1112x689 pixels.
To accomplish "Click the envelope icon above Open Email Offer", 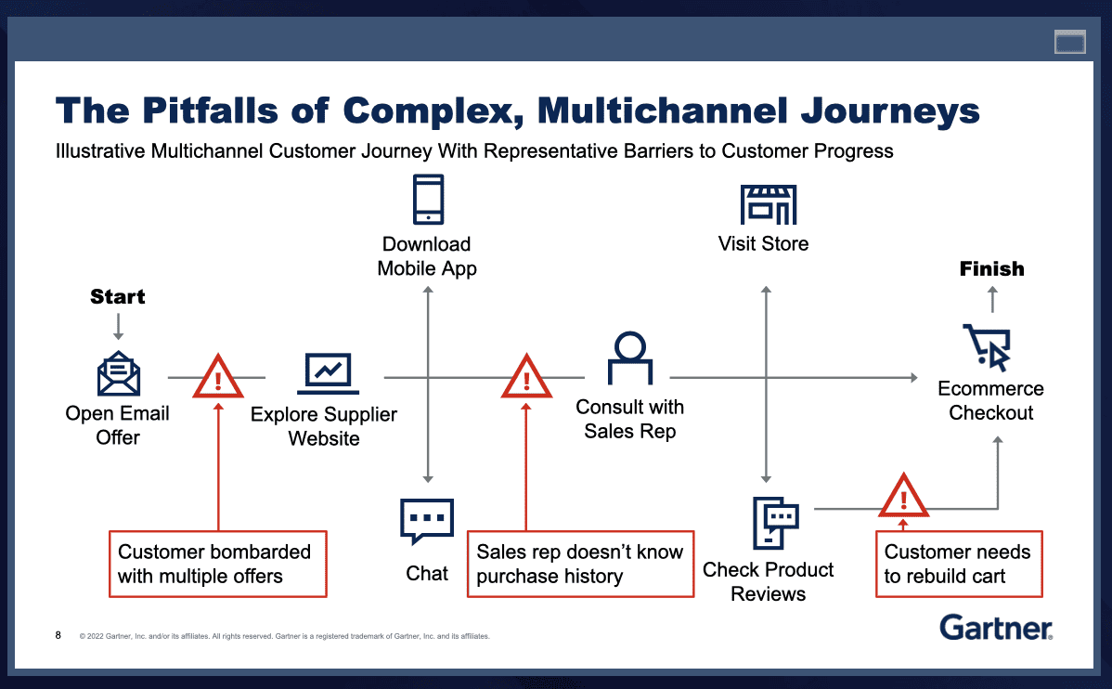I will [x=119, y=374].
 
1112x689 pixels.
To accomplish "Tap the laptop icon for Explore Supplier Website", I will [x=328, y=374].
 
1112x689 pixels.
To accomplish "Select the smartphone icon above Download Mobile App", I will [x=428, y=200].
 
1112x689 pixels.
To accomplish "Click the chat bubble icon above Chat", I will [x=427, y=521].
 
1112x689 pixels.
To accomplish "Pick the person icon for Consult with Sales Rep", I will [x=629, y=358].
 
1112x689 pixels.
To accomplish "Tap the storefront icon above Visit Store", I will [x=768, y=204].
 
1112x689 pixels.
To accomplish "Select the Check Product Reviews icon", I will [x=773, y=523].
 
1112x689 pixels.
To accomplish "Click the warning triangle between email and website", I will [x=217, y=376].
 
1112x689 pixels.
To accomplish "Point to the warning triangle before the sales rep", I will [x=526, y=376].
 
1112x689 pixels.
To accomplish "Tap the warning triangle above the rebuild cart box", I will [x=903, y=496].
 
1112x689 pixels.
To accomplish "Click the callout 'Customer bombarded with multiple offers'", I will [x=217, y=564].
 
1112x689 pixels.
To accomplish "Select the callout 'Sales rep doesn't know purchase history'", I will [x=580, y=564].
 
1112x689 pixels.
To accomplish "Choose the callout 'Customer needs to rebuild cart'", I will [x=958, y=564].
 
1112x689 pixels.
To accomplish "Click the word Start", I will [x=118, y=297].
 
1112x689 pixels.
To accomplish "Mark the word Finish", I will [x=991, y=269].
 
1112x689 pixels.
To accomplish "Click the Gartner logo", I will [x=995, y=628].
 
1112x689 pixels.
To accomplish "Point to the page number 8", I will [x=58, y=636].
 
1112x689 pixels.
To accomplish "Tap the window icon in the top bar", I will [x=1069, y=42].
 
